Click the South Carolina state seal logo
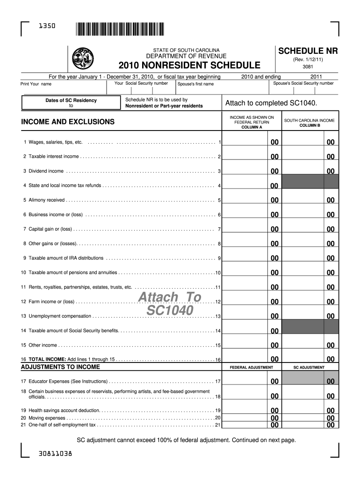tap(83, 58)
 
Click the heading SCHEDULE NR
tap(308, 51)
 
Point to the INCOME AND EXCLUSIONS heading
tap(68, 122)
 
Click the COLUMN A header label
tap(252, 127)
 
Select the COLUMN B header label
tap(309, 125)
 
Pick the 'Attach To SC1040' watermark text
tap(169, 304)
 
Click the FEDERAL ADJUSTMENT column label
tap(252, 368)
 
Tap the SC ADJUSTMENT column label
tap(309, 368)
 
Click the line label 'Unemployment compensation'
tap(60, 316)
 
